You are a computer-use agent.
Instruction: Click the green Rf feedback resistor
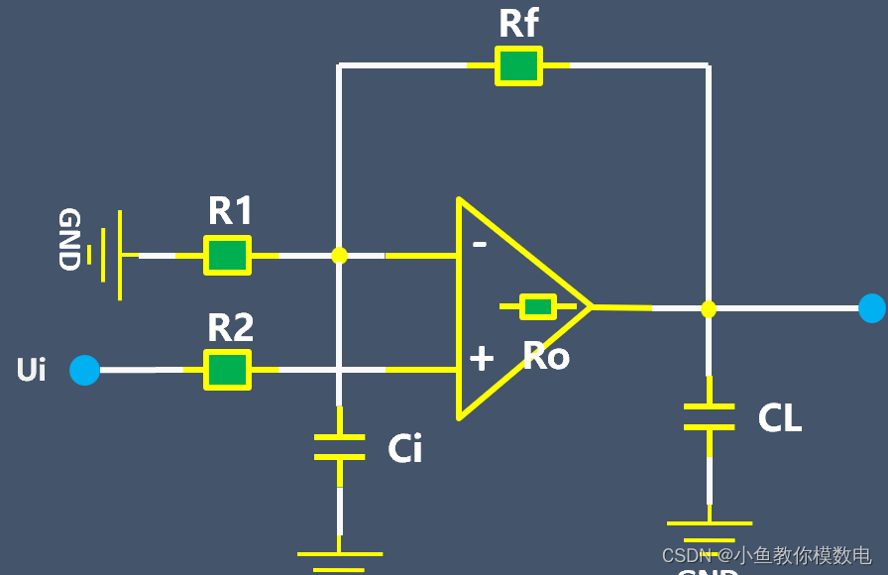pyautogui.click(x=518, y=66)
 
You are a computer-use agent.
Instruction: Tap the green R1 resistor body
pyautogui.click(x=227, y=255)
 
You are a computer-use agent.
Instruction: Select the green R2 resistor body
pyautogui.click(x=227, y=370)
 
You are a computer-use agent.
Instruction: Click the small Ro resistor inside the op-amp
pyautogui.click(x=538, y=307)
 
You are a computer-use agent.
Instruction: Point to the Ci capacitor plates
pyautogui.click(x=339, y=446)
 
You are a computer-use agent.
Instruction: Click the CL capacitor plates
pyautogui.click(x=709, y=416)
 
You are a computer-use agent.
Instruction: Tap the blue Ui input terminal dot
pyautogui.click(x=85, y=370)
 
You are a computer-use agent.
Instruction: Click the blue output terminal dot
pyautogui.click(x=872, y=308)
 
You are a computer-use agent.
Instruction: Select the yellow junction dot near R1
pyautogui.click(x=339, y=255)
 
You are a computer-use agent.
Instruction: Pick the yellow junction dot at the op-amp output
pyautogui.click(x=709, y=309)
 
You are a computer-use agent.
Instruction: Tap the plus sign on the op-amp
pyautogui.click(x=482, y=358)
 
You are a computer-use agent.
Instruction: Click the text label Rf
pyautogui.click(x=518, y=24)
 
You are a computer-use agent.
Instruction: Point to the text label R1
pyautogui.click(x=231, y=211)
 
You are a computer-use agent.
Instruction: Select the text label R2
pyautogui.click(x=231, y=327)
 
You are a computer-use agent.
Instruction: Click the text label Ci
pyautogui.click(x=405, y=449)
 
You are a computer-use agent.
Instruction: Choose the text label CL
pyautogui.click(x=780, y=418)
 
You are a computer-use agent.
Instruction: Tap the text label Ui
pyautogui.click(x=32, y=370)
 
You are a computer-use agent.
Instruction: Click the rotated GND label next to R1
pyautogui.click(x=68, y=240)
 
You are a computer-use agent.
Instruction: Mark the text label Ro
pyautogui.click(x=546, y=357)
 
